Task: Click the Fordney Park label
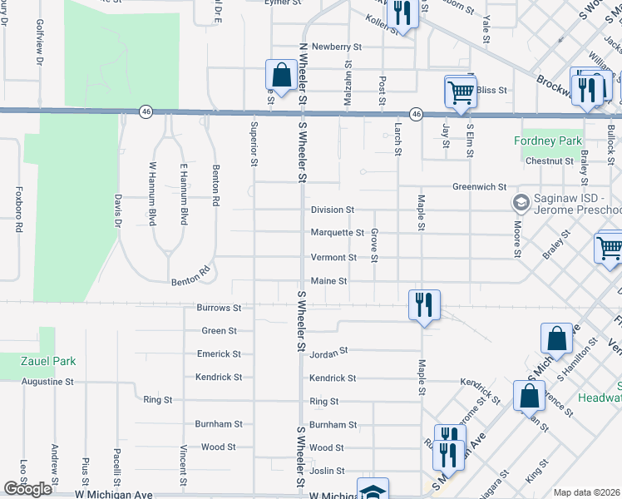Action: pyautogui.click(x=548, y=141)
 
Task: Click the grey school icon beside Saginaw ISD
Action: pyautogui.click(x=521, y=202)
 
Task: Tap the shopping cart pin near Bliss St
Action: pyautogui.click(x=461, y=92)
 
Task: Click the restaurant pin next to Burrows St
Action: pyautogui.click(x=424, y=305)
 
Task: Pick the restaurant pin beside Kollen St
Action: pyautogui.click(x=402, y=13)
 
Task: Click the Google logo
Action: pyautogui.click(x=27, y=489)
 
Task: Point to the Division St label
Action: pyautogui.click(x=333, y=210)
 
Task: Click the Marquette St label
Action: pyautogui.click(x=337, y=233)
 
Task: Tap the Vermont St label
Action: pyautogui.click(x=333, y=258)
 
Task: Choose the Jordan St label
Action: pyautogui.click(x=328, y=353)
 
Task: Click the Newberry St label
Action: pyautogui.click(x=331, y=47)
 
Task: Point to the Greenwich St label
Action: pyautogui.click(x=480, y=187)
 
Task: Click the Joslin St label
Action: pyautogui.click(x=327, y=471)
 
